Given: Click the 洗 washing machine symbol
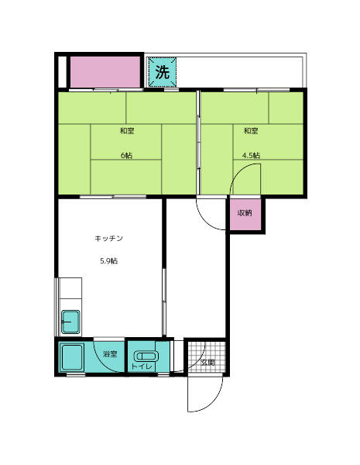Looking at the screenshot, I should click(162, 73).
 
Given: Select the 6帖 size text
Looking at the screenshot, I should click(126, 155).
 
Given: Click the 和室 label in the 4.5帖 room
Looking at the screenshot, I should click(251, 131).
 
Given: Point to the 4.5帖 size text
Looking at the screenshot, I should click(251, 155).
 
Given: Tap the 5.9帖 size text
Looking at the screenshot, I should click(108, 261).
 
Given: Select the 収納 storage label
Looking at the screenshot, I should click(245, 212).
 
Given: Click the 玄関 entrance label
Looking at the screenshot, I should click(207, 362).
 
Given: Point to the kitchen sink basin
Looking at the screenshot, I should click(70, 319).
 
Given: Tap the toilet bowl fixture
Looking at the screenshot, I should click(146, 356).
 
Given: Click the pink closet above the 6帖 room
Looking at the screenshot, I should click(104, 73).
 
